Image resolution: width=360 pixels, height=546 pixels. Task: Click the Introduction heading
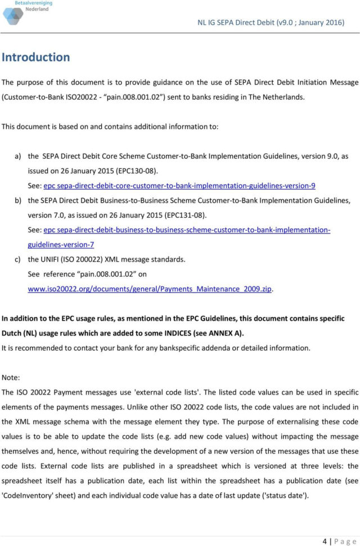pyautogui.click(x=35, y=57)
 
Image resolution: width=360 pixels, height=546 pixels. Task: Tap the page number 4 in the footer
pyautogui.click(x=325, y=541)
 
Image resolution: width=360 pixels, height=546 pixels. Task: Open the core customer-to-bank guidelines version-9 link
pyautogui.click(x=179, y=186)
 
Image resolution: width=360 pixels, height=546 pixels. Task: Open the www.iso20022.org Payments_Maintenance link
pyautogui.click(x=150, y=289)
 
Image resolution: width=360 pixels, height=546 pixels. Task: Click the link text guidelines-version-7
pyautogui.click(x=61, y=245)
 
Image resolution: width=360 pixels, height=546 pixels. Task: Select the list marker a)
pyautogui.click(x=18, y=156)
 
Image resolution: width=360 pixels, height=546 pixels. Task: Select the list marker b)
pyautogui.click(x=18, y=200)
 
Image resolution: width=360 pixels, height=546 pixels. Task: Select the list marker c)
pyautogui.click(x=18, y=259)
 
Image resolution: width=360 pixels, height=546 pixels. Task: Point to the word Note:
pyautogui.click(x=11, y=377)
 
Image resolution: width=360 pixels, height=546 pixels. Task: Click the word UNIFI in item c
pyautogui.click(x=53, y=259)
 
